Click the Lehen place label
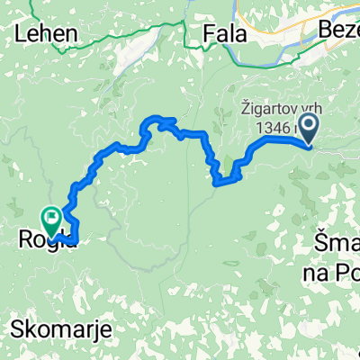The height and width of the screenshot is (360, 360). coord(45,34)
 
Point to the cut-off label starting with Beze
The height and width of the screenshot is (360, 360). coord(338,32)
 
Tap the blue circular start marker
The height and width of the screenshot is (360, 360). coord(309,129)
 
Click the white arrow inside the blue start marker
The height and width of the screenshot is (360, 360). coord(309,129)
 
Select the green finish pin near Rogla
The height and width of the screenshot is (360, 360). coord(50,218)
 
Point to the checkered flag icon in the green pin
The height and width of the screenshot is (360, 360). coord(50,215)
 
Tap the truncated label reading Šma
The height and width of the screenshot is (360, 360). coord(337,241)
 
